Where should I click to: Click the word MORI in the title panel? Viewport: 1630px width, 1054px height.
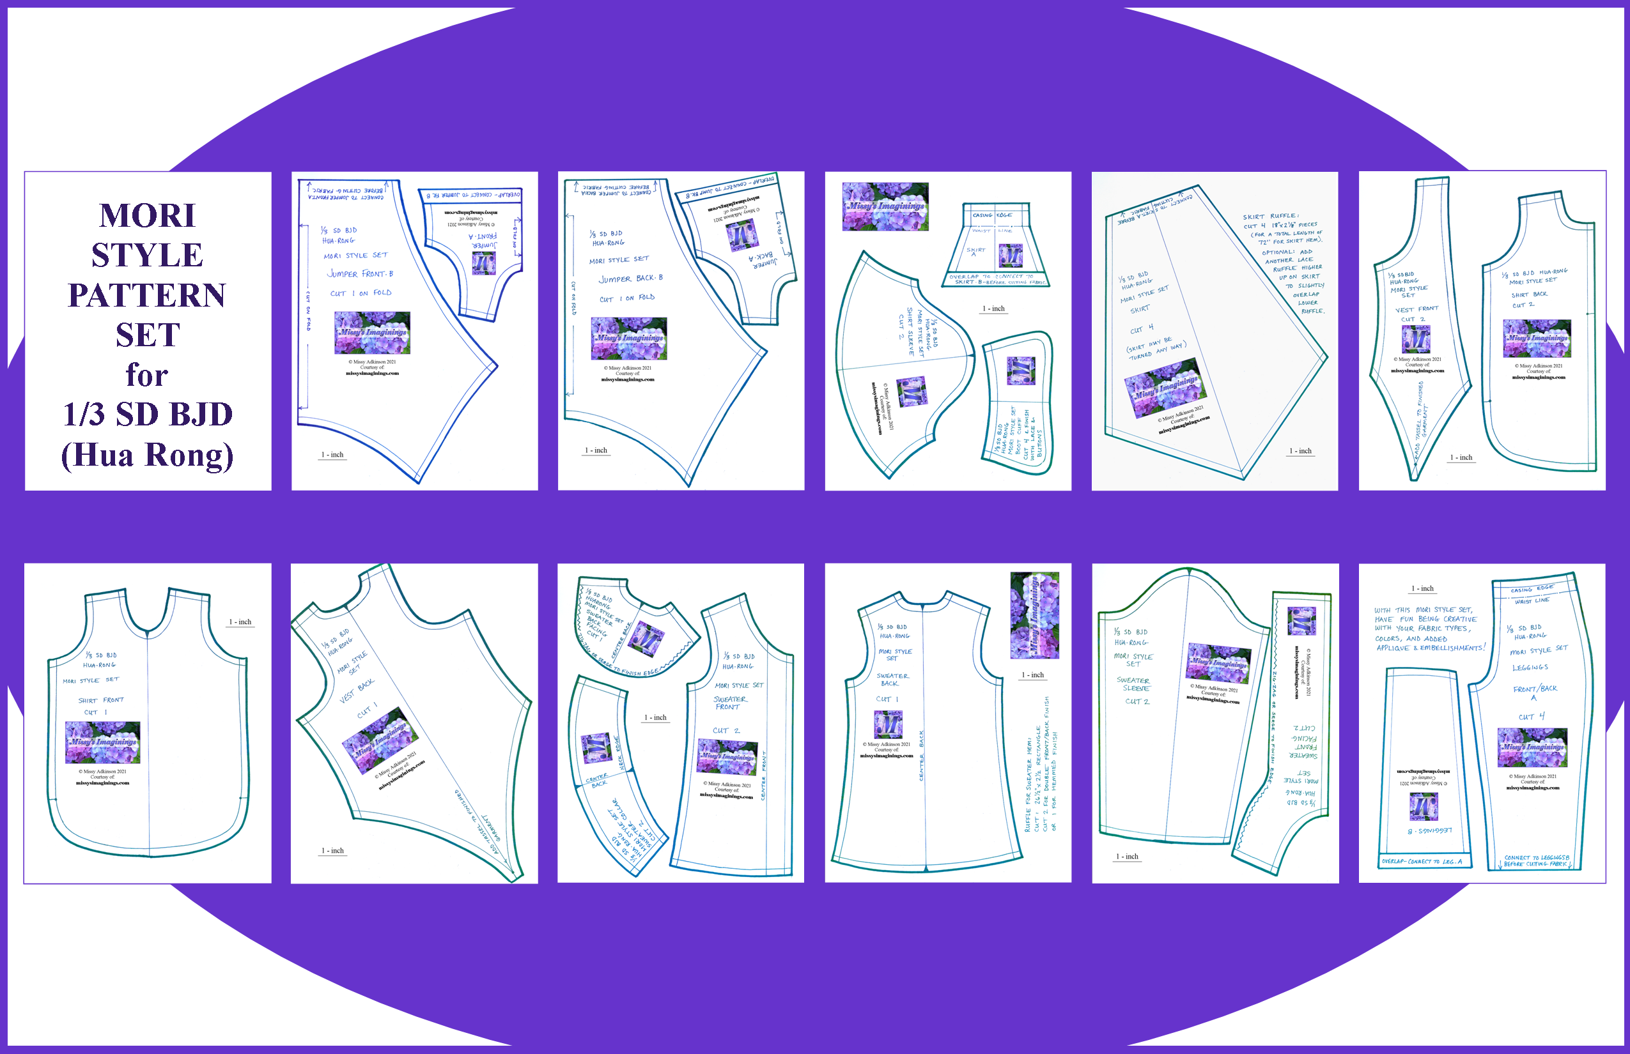tap(147, 216)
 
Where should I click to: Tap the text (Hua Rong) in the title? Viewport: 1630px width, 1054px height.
tap(147, 455)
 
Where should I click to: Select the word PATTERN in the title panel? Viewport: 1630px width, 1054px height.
tap(146, 296)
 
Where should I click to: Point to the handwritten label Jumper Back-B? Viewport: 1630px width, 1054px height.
tap(631, 279)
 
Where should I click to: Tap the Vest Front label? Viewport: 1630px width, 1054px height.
tap(1417, 309)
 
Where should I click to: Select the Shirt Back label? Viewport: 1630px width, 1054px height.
tap(1529, 294)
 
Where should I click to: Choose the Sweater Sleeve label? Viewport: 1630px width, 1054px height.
tap(1133, 684)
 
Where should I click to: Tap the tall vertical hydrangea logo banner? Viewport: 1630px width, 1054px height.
tap(1034, 616)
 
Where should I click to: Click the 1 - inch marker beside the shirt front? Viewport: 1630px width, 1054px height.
tap(240, 622)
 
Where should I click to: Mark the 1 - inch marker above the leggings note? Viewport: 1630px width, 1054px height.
tap(1422, 588)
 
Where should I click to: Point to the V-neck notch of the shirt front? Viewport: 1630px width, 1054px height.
tap(147, 629)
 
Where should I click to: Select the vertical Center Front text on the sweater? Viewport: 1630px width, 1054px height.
tap(764, 775)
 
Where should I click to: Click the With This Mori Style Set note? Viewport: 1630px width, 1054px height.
tap(1429, 629)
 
